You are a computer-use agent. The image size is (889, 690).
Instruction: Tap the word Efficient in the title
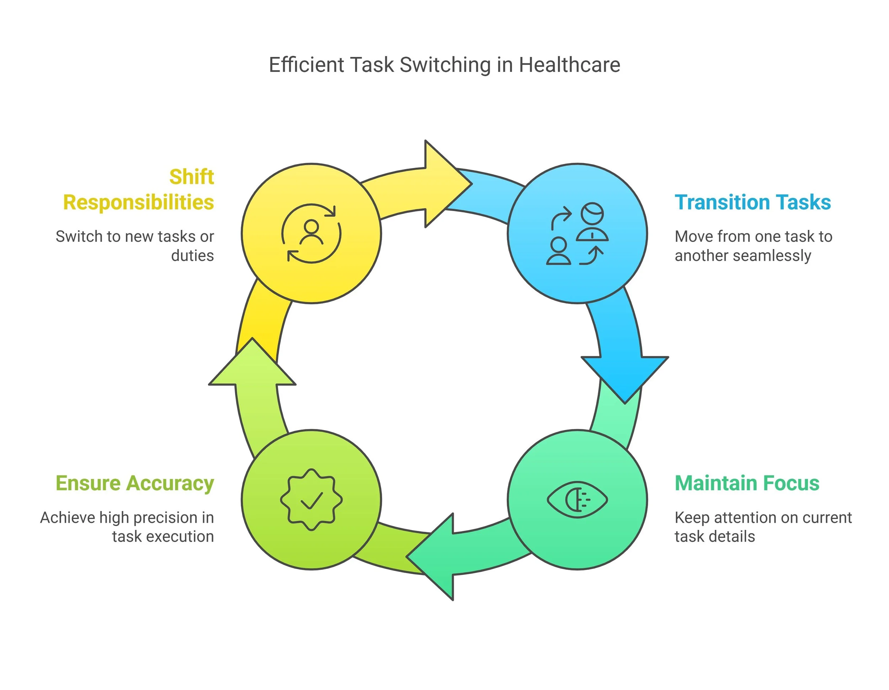pos(307,65)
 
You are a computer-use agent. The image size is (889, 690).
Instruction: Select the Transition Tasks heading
pos(753,202)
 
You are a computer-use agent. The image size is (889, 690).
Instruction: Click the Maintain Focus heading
pos(747,484)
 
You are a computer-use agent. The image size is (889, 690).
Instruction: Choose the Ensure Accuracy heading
pos(135,484)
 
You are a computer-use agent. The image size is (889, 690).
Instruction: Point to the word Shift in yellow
pos(191,177)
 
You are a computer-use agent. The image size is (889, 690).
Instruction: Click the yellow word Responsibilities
pos(138,202)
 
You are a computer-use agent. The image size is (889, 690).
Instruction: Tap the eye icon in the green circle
pos(577,500)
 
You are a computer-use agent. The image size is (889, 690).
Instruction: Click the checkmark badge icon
pos(312,500)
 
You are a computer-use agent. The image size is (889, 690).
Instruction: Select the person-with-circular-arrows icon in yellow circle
pos(312,233)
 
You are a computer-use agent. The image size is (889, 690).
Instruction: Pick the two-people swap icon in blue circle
pos(577,233)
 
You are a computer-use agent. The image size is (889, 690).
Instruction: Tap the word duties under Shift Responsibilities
pos(192,256)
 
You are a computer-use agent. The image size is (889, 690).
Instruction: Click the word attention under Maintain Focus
pos(745,518)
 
